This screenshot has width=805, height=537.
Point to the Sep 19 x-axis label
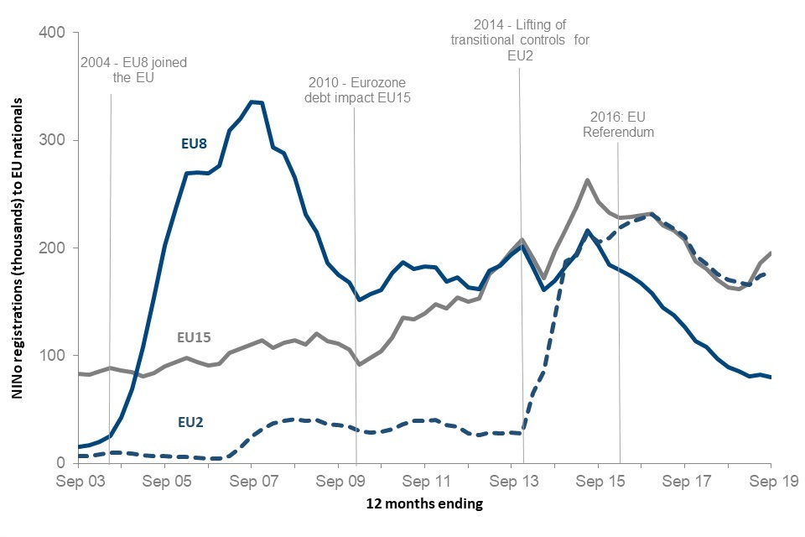pyautogui.click(x=771, y=482)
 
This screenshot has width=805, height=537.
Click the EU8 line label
pyautogui.click(x=195, y=143)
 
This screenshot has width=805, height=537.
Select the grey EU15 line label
pyautogui.click(x=194, y=337)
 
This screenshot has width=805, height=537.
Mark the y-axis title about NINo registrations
pyautogui.click(x=18, y=248)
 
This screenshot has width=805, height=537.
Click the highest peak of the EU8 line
pyautogui.click(x=252, y=102)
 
